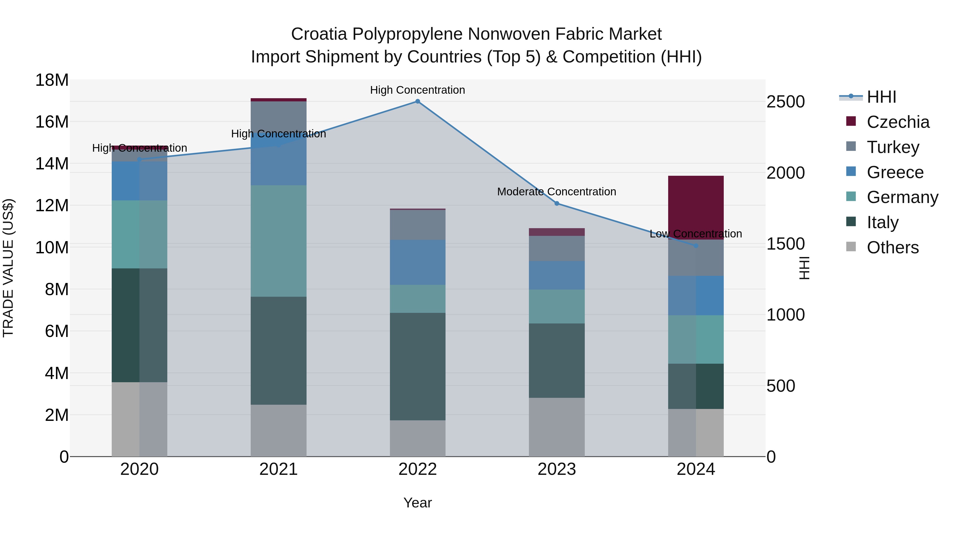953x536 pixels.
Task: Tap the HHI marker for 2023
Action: pos(557,204)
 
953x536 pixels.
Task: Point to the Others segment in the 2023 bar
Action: pos(557,427)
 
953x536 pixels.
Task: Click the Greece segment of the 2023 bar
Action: pos(557,275)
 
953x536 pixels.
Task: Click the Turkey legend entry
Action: pos(892,147)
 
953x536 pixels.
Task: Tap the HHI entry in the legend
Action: pos(881,97)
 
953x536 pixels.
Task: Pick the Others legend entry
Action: pos(892,247)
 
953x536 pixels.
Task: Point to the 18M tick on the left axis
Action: pos(52,80)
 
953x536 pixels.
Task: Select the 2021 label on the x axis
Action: pos(278,469)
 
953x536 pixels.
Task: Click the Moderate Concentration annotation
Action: pos(556,192)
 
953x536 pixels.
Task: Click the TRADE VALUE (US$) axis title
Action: pos(8,268)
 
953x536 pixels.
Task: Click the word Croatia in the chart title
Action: pos(319,34)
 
